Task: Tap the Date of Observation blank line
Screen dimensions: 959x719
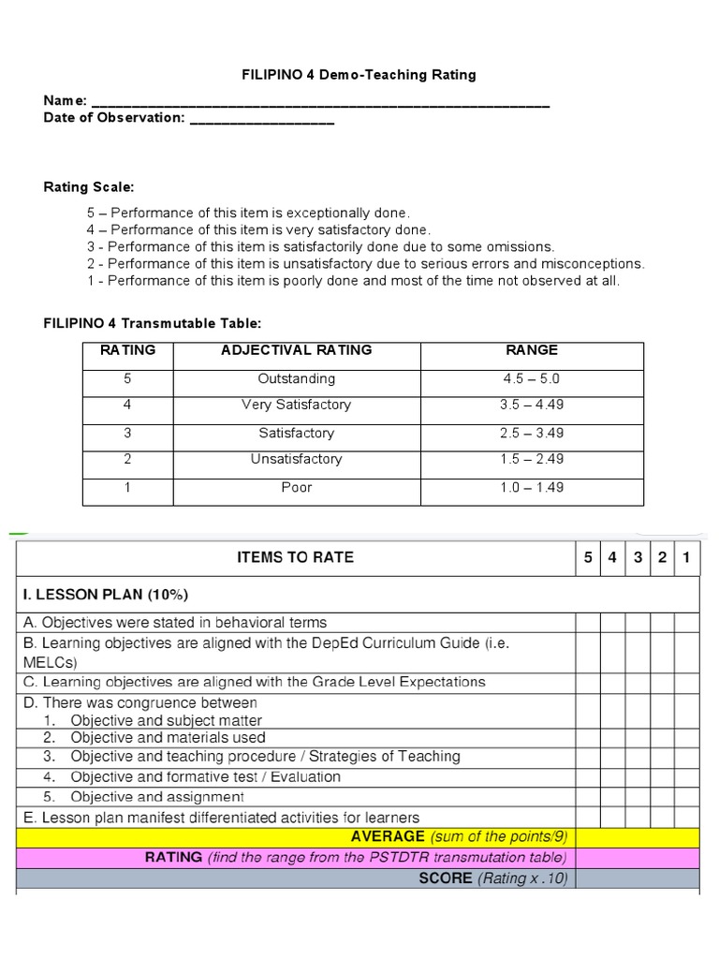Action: (261, 119)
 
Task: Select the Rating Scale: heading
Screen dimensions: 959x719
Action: (89, 187)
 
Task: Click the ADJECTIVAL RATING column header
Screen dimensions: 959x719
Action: (296, 350)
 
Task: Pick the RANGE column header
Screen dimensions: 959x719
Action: (532, 350)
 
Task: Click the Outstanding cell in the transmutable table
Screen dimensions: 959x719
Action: (296, 379)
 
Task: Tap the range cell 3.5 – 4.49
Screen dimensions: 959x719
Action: (532, 406)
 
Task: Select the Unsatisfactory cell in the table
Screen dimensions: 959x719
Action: (296, 459)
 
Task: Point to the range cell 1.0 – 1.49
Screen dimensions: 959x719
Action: (532, 487)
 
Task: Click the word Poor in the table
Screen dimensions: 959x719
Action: (296, 487)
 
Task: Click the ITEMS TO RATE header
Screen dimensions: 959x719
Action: (296, 557)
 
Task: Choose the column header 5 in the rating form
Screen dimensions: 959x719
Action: (588, 558)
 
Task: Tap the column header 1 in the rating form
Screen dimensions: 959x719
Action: (686, 558)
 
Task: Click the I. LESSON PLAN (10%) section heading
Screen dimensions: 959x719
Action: (105, 595)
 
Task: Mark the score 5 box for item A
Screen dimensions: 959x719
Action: (588, 623)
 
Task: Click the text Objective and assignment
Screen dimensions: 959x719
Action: (157, 797)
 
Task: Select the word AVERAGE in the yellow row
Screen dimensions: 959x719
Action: (388, 836)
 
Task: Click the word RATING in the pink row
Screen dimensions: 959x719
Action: (174, 858)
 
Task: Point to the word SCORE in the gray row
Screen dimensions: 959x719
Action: (446, 879)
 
